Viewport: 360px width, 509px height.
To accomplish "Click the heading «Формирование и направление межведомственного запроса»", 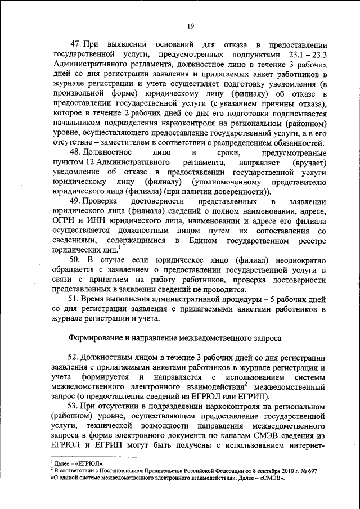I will pyautogui.click(x=190, y=339).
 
